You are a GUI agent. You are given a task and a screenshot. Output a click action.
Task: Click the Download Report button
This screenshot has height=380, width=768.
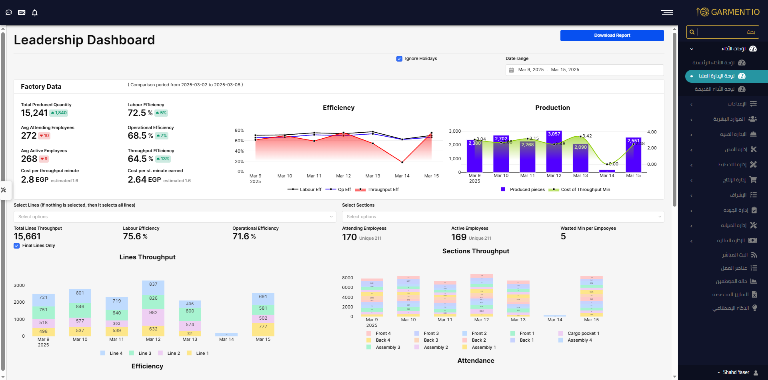coord(612,36)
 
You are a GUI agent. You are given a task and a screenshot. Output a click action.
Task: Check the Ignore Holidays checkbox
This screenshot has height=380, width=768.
coord(399,59)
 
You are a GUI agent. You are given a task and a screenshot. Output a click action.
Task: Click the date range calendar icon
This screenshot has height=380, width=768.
coord(511,70)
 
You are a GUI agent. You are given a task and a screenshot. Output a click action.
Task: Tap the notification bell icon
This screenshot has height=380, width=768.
coord(35,13)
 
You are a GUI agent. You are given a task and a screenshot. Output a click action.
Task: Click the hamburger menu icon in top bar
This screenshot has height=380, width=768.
coord(667,13)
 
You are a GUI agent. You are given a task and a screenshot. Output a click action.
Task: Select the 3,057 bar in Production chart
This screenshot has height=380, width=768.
coord(554,152)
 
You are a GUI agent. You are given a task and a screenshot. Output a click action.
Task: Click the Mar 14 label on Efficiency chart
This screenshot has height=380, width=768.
coord(402,176)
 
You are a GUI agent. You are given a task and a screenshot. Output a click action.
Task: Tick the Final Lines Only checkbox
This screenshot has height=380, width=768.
coord(17,246)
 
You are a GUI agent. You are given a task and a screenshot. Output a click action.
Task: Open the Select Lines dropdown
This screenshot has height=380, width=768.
coord(175,217)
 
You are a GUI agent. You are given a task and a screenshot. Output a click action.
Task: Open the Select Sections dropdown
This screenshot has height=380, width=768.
coord(503,217)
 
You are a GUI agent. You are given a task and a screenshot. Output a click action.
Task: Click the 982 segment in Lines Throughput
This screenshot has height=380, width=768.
coord(153,313)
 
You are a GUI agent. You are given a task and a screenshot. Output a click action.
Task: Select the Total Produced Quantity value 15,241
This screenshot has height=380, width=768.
coord(34,113)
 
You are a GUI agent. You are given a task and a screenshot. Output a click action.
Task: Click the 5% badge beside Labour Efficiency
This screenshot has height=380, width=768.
coord(161,113)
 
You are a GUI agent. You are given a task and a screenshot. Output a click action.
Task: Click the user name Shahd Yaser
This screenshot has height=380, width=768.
coord(736,372)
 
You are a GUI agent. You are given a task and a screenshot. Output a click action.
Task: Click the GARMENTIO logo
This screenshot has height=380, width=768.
coord(728,12)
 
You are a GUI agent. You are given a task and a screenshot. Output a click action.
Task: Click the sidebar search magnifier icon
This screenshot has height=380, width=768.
coord(692,32)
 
